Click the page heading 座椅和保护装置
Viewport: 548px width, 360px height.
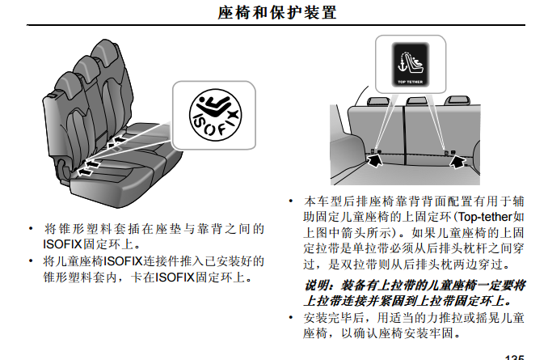click(x=277, y=13)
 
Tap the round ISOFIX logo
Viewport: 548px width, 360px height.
click(x=215, y=115)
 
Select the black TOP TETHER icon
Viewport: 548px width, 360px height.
click(x=411, y=65)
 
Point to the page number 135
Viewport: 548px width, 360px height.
click(x=514, y=357)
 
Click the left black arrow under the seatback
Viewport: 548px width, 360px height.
click(x=374, y=160)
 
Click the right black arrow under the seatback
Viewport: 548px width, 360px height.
click(x=457, y=161)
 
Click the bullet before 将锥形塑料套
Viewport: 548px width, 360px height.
click(x=32, y=229)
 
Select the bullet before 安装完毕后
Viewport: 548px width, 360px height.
click(x=291, y=318)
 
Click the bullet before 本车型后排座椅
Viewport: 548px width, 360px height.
click(x=291, y=201)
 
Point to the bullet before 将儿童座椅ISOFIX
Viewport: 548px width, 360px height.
click(x=32, y=261)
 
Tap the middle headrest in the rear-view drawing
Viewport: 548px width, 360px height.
click(x=416, y=101)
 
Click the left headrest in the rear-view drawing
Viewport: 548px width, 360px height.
click(x=378, y=101)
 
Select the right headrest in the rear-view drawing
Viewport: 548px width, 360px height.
click(x=457, y=101)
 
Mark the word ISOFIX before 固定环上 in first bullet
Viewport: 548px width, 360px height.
click(x=62, y=244)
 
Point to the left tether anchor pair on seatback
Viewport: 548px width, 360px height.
click(x=376, y=152)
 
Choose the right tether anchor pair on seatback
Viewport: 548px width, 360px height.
click(x=449, y=153)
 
